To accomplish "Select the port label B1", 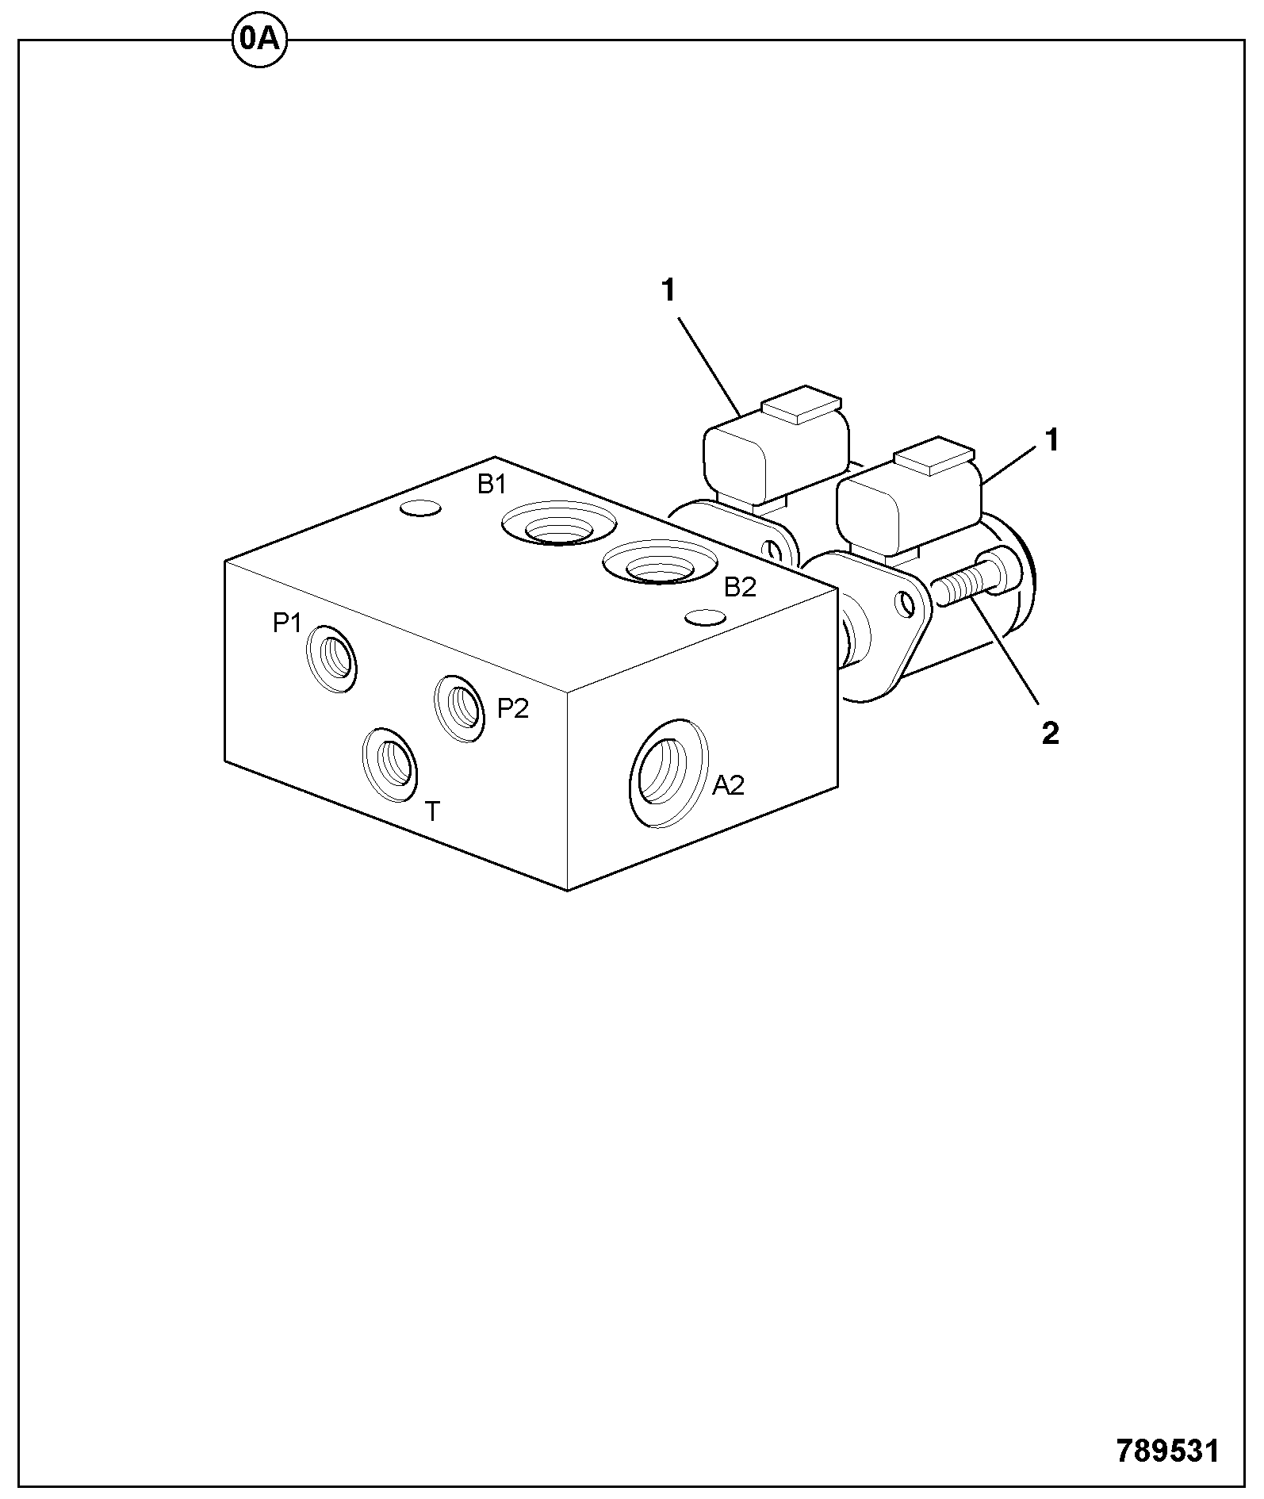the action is click(x=492, y=484).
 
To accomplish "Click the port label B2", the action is click(x=741, y=587).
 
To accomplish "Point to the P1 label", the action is click(x=287, y=623).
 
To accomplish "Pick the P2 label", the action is click(x=512, y=707).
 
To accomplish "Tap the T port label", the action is click(x=432, y=811).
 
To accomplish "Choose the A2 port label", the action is click(x=728, y=784).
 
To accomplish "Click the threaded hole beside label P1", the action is click(x=331, y=659).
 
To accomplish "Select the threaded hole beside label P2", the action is click(x=460, y=708).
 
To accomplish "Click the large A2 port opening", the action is click(x=668, y=773).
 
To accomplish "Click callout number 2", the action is click(x=1050, y=734).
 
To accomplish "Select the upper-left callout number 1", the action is click(x=668, y=291).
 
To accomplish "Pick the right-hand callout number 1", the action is click(x=1051, y=440).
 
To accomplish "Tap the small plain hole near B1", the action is click(x=420, y=508).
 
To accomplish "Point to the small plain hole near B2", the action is click(x=706, y=617).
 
